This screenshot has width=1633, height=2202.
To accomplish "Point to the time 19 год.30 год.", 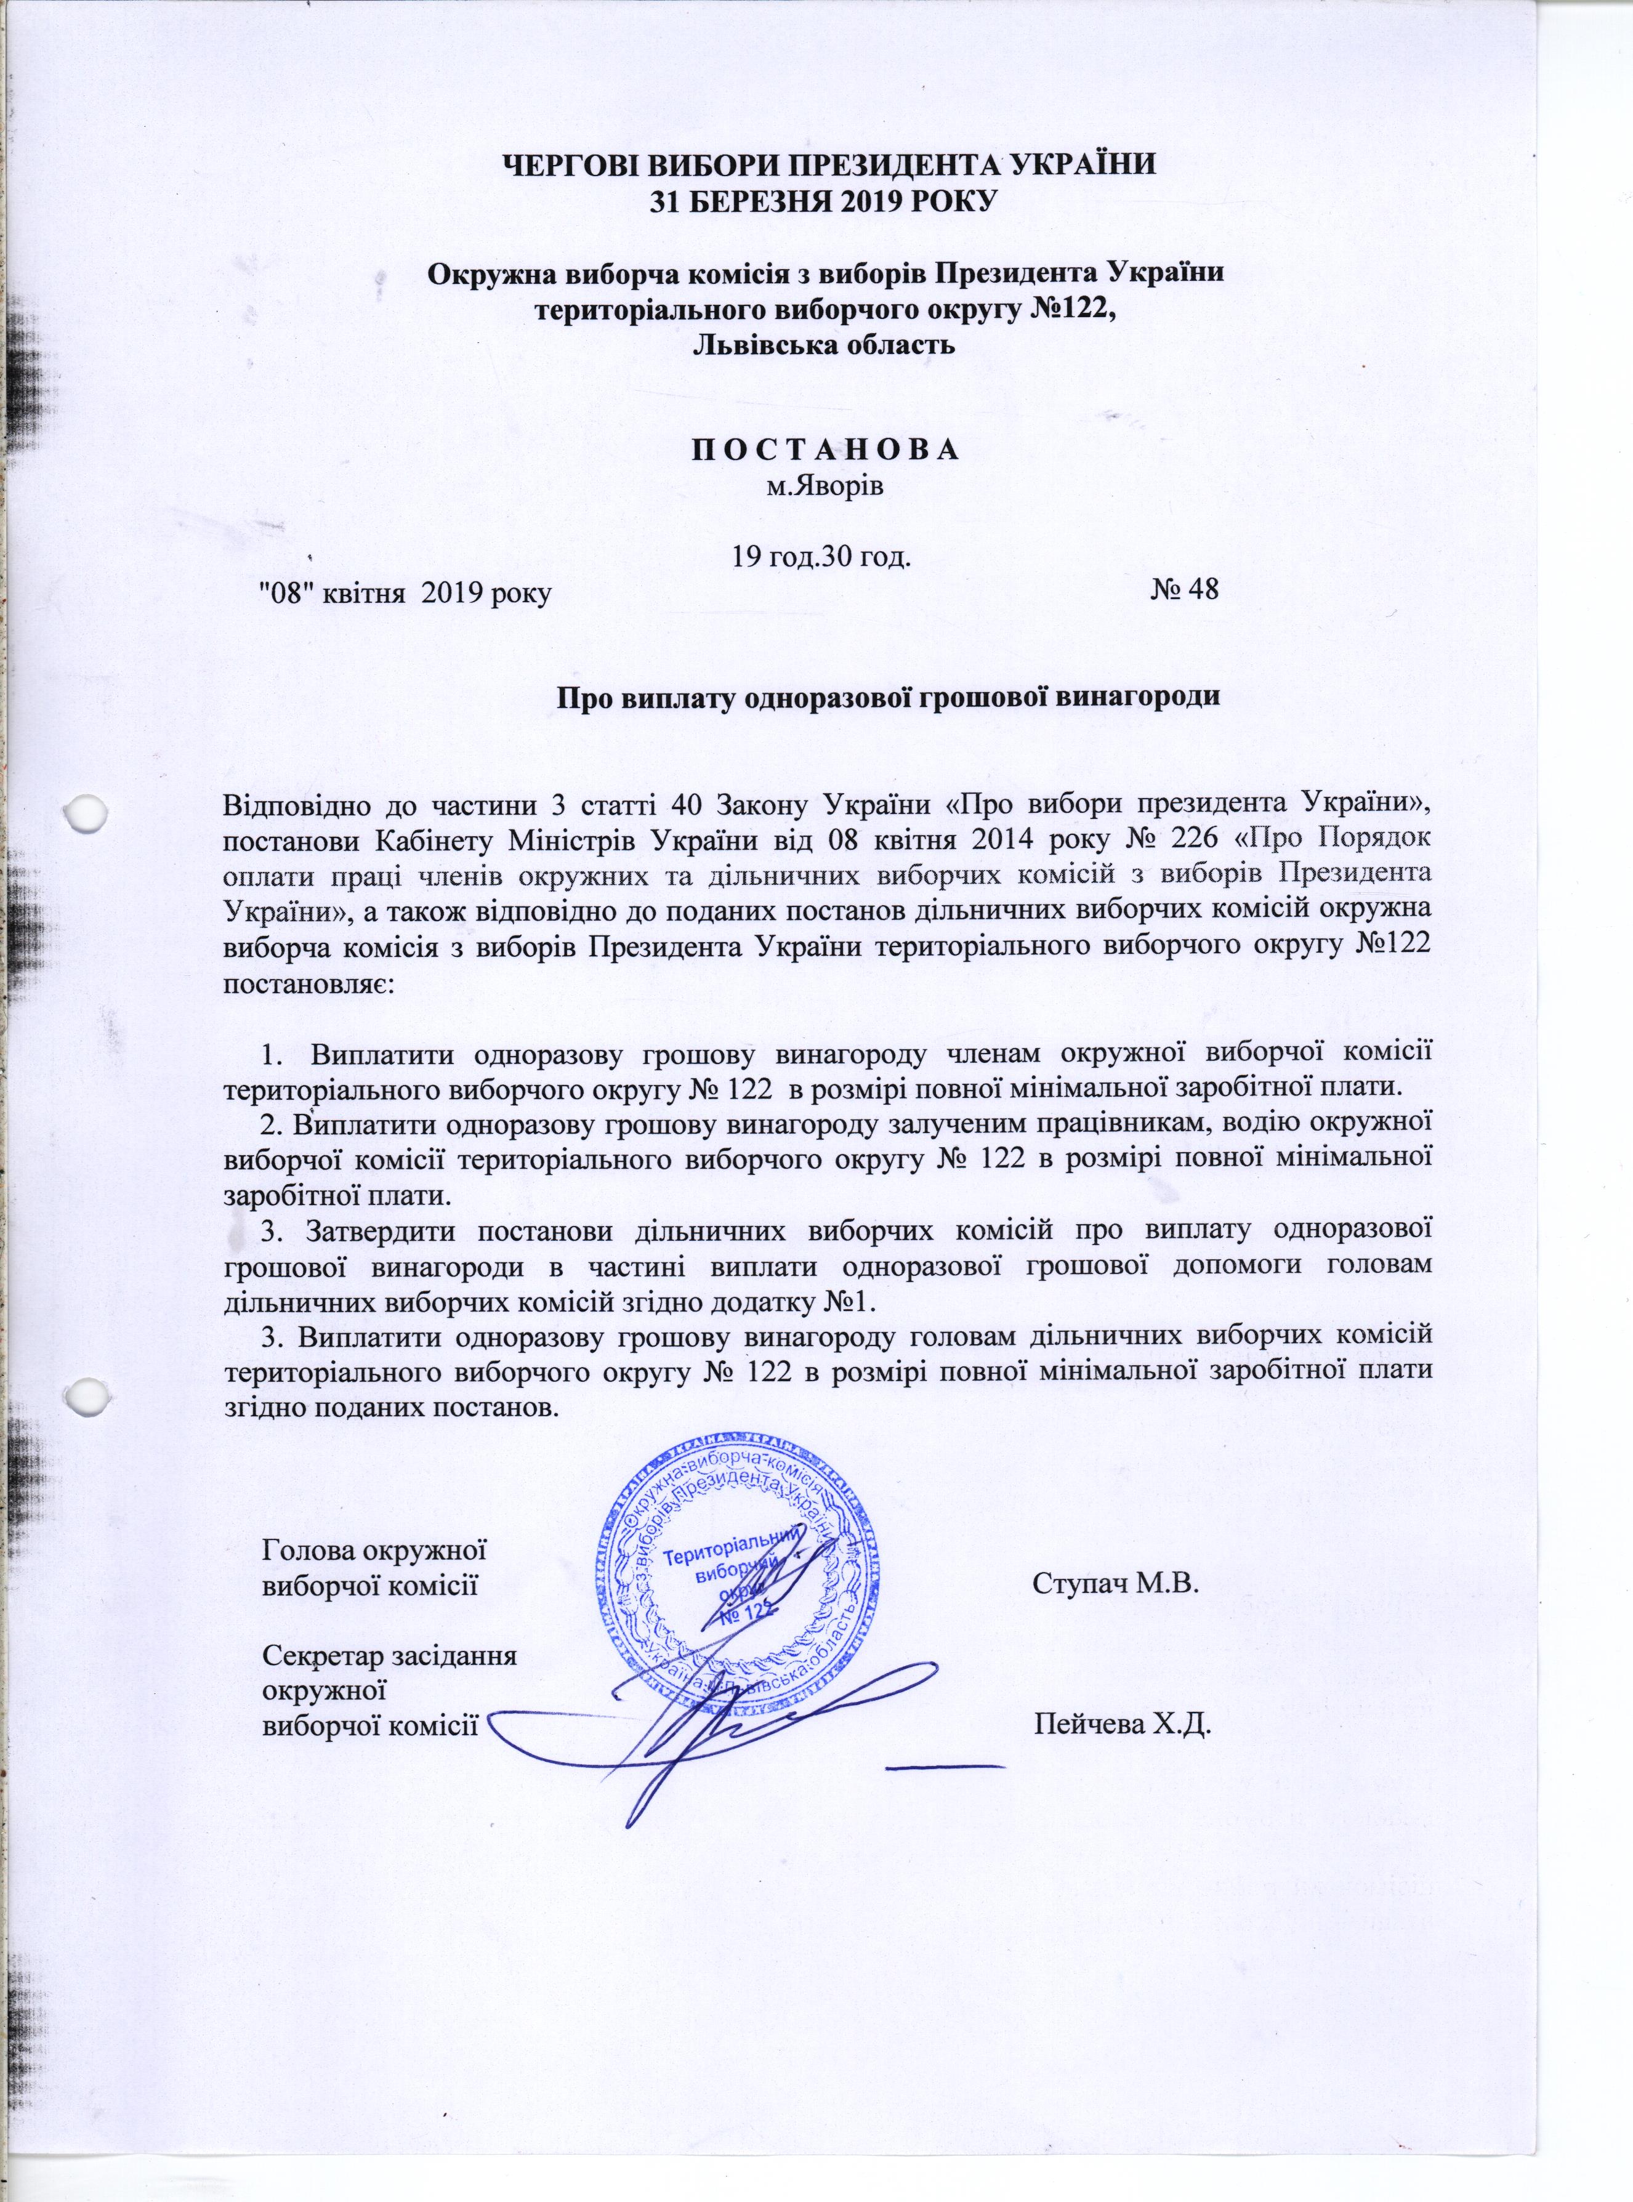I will coord(820,557).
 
